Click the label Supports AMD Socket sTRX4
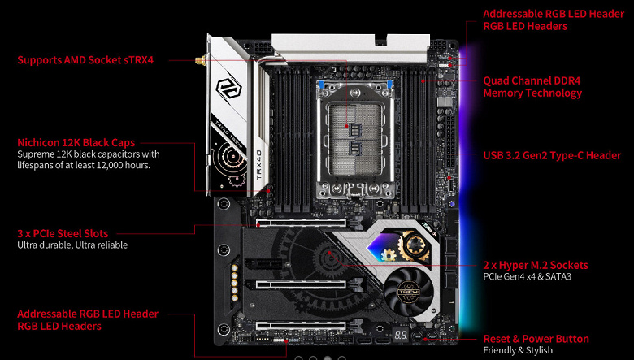(x=85, y=60)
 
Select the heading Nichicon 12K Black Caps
(x=76, y=143)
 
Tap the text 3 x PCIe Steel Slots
(x=63, y=233)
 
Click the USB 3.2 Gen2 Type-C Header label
(x=552, y=155)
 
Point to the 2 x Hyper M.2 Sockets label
(x=536, y=266)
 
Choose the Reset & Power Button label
(x=536, y=339)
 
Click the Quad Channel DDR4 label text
(x=532, y=80)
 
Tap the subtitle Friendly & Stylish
(x=518, y=350)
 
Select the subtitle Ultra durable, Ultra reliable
(x=72, y=245)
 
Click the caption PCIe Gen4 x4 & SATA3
(x=528, y=277)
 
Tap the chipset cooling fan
(x=409, y=291)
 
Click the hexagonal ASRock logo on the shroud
(x=229, y=89)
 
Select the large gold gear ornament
(x=414, y=245)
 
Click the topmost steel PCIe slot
(x=302, y=223)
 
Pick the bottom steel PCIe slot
(x=302, y=325)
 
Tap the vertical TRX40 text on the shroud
(x=259, y=165)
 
